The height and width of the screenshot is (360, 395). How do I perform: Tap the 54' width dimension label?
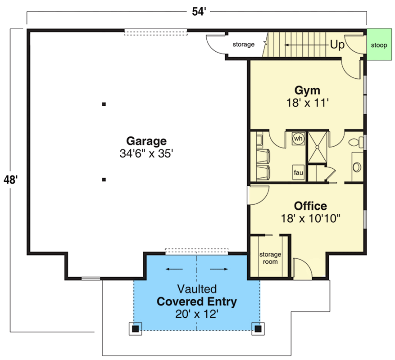coord(198,12)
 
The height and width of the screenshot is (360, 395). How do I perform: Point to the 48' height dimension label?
coord(11,180)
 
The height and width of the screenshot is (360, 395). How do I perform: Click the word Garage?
coord(146,141)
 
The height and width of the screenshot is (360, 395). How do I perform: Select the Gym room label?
coord(307,89)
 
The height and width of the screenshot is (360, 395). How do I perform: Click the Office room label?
coord(310,206)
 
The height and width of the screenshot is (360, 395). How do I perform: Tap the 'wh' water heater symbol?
coord(298,139)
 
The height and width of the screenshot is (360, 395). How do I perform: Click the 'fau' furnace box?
coord(298,172)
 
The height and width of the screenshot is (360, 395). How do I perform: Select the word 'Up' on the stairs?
coord(337,45)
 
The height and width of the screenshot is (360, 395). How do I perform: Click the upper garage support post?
coord(104,104)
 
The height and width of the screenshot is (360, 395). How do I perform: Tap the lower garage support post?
coord(104,180)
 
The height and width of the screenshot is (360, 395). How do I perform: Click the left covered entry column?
coord(135,329)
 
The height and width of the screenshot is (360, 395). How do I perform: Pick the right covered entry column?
coord(258,329)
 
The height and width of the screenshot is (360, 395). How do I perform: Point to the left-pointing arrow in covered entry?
coord(174,270)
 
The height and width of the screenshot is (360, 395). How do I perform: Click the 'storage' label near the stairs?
coord(244,45)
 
